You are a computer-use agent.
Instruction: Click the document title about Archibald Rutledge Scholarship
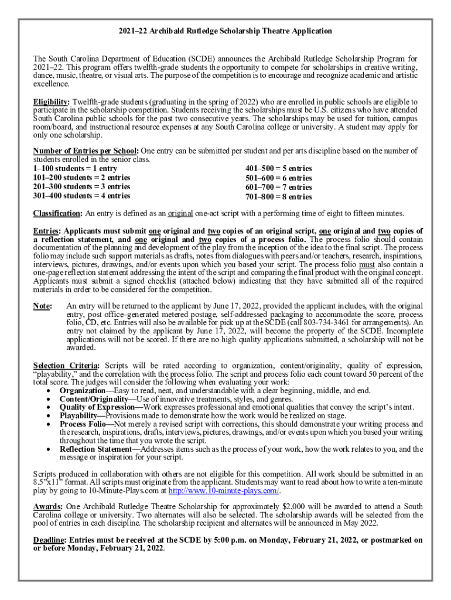click(x=225, y=30)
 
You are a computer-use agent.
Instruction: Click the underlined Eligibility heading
click(x=51, y=101)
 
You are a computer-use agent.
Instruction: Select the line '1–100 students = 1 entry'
click(x=75, y=169)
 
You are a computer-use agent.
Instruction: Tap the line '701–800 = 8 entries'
click(x=278, y=197)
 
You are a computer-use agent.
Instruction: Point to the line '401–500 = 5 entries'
click(x=278, y=169)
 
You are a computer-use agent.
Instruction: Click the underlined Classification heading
click(x=58, y=213)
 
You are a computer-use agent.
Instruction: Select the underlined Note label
click(x=42, y=306)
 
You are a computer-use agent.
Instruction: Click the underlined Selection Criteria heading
click(x=66, y=366)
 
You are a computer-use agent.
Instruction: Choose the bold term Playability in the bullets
click(x=81, y=415)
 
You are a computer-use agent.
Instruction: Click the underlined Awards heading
click(x=47, y=507)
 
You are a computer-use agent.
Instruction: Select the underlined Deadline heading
click(x=49, y=540)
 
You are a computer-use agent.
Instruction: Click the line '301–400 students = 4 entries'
click(x=82, y=196)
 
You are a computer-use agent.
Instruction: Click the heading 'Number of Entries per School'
click(x=86, y=151)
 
